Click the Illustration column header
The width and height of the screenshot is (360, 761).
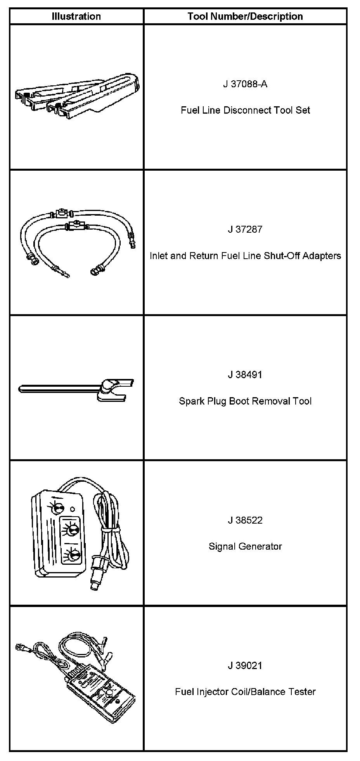[x=76, y=16]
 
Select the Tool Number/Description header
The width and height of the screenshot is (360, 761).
[x=245, y=16]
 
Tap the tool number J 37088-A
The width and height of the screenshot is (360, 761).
[x=245, y=84]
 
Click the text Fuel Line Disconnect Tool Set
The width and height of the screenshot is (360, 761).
[x=245, y=110]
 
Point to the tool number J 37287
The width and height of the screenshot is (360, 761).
[x=245, y=229]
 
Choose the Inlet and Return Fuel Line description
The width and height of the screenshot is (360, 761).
[x=245, y=256]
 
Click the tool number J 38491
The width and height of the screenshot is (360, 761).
[x=245, y=375]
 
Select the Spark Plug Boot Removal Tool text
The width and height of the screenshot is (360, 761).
[x=245, y=401]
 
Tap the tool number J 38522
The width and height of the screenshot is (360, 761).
[x=245, y=520]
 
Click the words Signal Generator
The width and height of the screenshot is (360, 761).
[x=245, y=547]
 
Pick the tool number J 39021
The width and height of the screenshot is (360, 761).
[x=245, y=666]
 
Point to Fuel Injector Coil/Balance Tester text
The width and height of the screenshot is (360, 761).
[x=245, y=692]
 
